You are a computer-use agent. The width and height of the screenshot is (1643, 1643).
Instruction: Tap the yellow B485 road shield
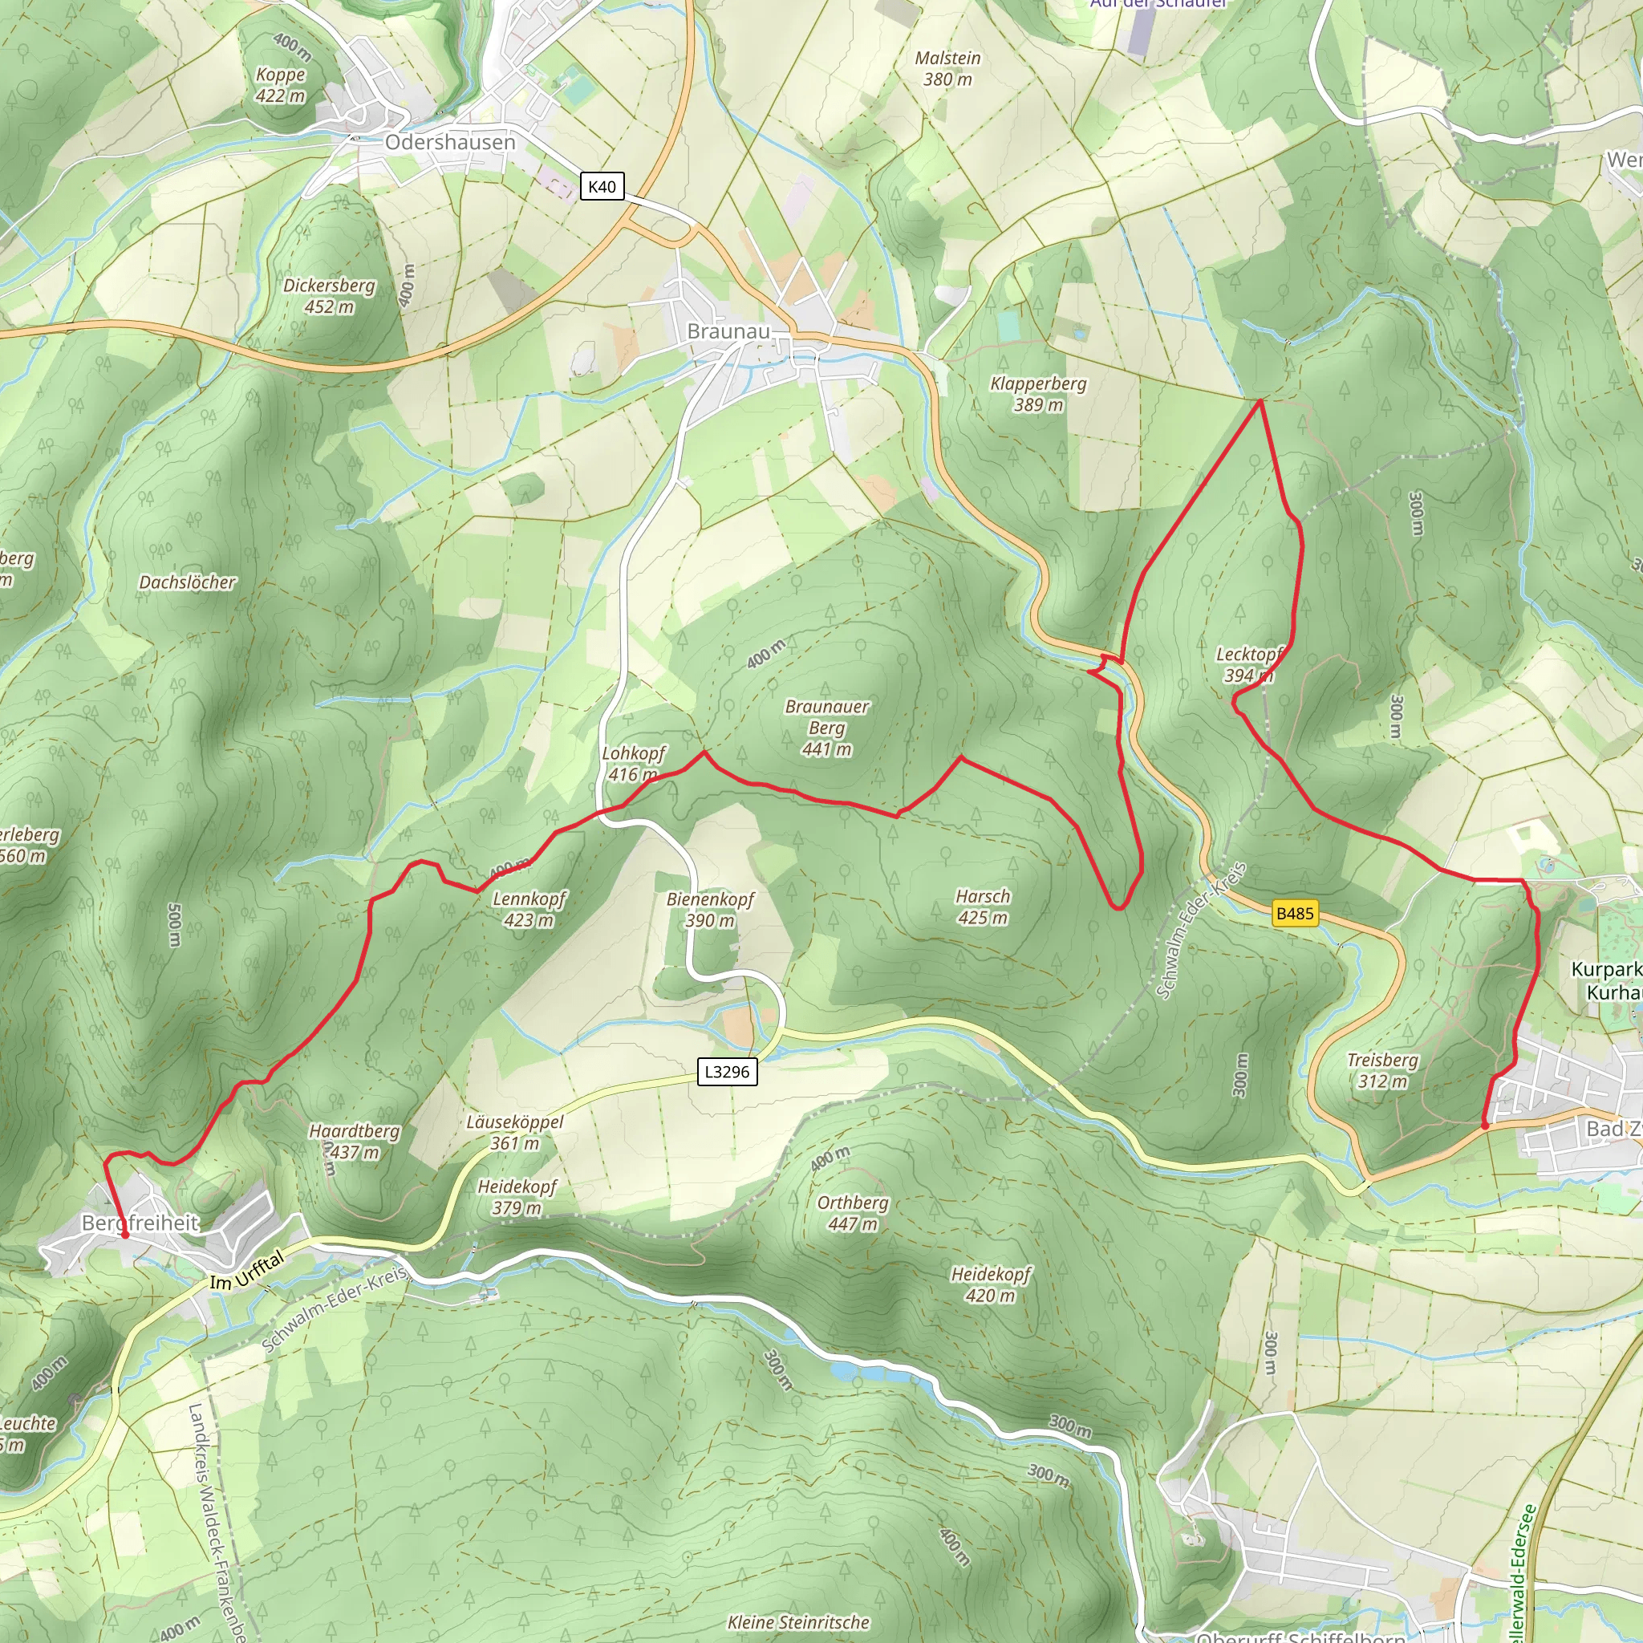click(x=1294, y=913)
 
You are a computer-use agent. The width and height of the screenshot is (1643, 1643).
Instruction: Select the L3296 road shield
click(x=726, y=1072)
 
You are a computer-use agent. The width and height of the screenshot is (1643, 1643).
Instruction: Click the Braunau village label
click(x=728, y=331)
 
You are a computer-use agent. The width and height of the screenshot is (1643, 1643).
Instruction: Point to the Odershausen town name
click(x=450, y=142)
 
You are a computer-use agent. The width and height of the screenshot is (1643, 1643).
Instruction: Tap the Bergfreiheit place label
click(x=140, y=1223)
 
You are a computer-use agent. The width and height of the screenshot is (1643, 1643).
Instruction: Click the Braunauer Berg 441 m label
click(x=826, y=728)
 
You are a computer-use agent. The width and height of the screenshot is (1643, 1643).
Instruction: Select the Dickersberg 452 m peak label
click(x=329, y=296)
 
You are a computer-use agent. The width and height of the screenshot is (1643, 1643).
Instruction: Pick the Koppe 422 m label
click(x=281, y=85)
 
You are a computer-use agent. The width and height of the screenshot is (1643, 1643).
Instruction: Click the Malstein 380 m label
click(x=947, y=69)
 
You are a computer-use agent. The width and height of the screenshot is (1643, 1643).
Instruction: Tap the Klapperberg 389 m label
click(x=1038, y=394)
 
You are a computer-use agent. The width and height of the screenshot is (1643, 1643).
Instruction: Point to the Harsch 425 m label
click(x=982, y=907)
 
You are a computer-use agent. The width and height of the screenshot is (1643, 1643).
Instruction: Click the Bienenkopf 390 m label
click(x=710, y=909)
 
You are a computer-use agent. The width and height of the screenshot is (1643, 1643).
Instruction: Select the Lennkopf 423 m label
click(x=528, y=909)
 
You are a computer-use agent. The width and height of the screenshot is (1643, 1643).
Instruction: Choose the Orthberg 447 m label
click(x=852, y=1213)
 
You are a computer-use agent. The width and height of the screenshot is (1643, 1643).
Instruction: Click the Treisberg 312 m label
click(x=1382, y=1071)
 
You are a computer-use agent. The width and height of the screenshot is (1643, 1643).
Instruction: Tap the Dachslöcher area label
click(x=187, y=582)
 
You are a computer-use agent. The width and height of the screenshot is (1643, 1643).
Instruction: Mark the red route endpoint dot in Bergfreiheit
click(x=124, y=1235)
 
